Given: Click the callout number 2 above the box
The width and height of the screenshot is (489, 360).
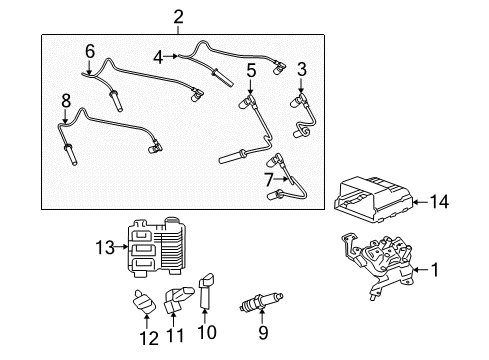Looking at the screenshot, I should tap(178, 16).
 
